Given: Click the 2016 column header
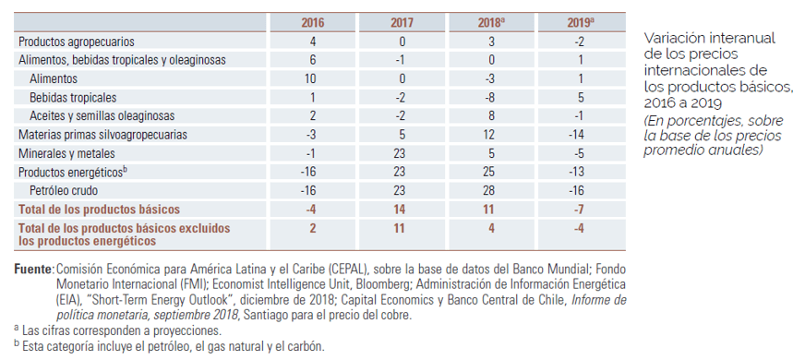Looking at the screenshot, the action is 312,22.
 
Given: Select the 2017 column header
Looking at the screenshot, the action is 402,22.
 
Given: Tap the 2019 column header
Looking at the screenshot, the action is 581,22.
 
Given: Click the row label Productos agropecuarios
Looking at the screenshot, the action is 77,42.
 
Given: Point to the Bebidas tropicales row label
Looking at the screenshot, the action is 73,98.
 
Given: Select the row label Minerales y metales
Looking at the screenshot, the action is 66,153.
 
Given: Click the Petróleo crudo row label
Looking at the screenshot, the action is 64,191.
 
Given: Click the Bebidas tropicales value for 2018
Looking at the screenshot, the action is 491,98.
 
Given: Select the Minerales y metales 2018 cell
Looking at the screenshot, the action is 491,153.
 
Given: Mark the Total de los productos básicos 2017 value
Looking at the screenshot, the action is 399,210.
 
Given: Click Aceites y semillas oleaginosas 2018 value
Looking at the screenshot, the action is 491,116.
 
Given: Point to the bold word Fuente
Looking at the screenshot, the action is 34,270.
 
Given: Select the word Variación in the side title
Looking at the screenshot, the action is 671,39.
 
